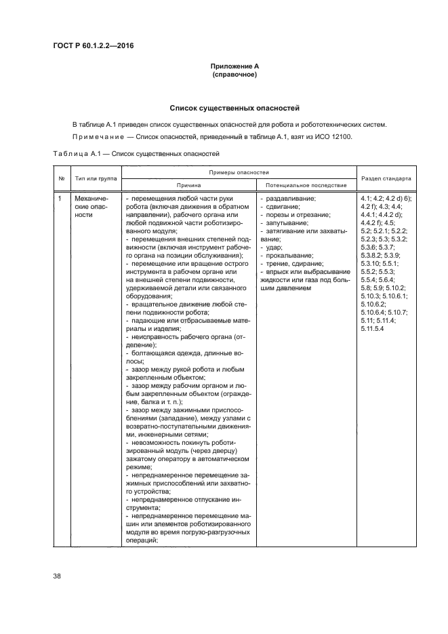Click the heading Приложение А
click(x=234, y=66)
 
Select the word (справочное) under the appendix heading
click(x=234, y=74)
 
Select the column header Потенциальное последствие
click(x=306, y=184)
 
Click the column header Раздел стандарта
click(x=386, y=179)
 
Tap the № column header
click(x=62, y=179)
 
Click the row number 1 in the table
click(x=61, y=199)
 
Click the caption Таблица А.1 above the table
click(x=75, y=154)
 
